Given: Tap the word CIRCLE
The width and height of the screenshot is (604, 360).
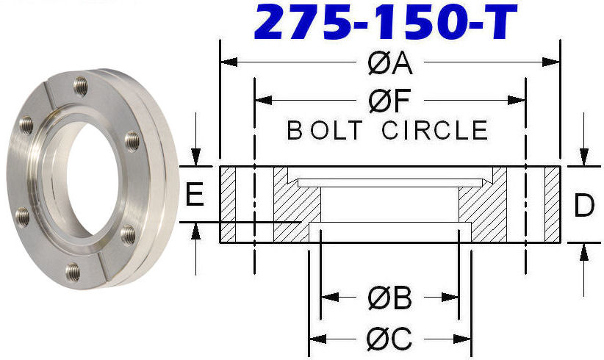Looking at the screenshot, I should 435,131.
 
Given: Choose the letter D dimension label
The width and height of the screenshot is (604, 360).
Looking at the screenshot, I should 584,206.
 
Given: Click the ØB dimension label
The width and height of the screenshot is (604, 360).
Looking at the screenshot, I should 390,298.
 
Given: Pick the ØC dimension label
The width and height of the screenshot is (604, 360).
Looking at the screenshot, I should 390,339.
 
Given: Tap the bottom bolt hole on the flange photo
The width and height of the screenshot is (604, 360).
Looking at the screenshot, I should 73,273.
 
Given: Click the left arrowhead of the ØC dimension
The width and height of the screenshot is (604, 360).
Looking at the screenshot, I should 317,339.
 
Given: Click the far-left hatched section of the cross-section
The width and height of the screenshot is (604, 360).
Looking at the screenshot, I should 228,205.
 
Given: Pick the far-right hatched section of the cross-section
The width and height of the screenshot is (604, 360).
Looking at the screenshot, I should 552,205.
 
